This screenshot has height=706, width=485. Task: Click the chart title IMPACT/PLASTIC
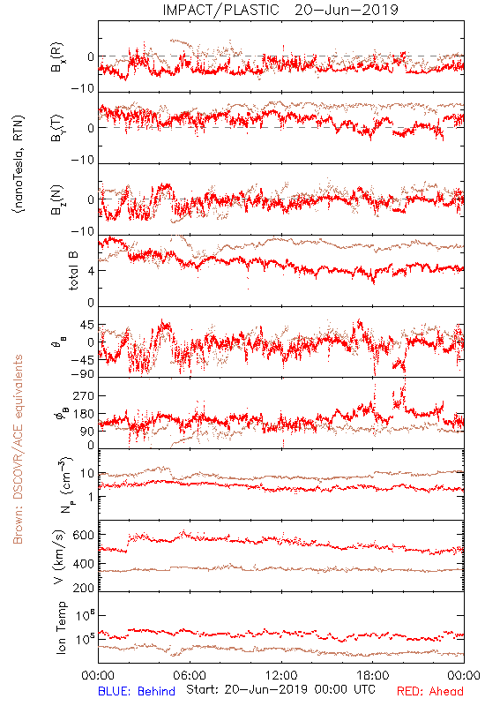(x=221, y=10)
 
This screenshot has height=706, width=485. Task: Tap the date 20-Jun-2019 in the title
(x=347, y=10)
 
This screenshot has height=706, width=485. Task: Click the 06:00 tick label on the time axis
(x=190, y=675)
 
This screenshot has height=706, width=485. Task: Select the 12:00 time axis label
(x=281, y=675)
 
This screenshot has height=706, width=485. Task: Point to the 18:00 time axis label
(x=373, y=675)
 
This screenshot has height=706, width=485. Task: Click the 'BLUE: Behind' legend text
(x=137, y=691)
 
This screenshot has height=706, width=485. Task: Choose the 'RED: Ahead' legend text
(x=430, y=691)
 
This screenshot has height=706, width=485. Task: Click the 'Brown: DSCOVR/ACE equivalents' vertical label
(x=18, y=449)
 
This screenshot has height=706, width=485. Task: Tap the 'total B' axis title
(x=72, y=271)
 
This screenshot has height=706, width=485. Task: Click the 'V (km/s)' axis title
(x=59, y=557)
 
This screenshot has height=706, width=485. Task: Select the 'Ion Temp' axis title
(x=61, y=627)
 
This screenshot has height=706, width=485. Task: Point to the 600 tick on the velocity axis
(x=84, y=535)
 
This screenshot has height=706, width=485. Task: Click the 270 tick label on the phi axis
(x=84, y=395)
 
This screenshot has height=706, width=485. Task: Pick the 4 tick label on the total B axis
(x=91, y=271)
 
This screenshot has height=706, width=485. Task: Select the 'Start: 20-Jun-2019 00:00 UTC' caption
(x=280, y=689)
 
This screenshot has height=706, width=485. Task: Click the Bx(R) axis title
(x=57, y=57)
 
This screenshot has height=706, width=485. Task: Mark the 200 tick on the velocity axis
(x=84, y=588)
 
